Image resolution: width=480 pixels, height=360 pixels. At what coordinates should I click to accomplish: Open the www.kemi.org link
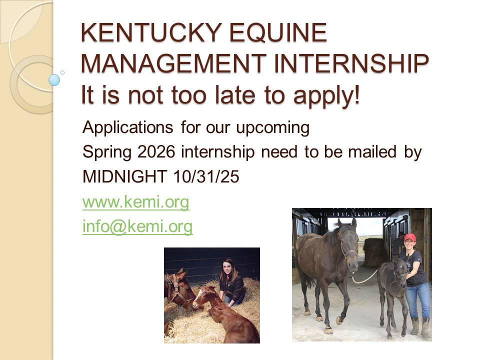coord(135,202)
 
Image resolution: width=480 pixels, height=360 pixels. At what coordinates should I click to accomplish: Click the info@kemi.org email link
coord(137,226)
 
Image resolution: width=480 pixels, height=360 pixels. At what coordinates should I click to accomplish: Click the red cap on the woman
coord(410,237)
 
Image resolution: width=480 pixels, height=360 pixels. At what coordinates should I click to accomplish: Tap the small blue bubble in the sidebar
coord(54,80)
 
